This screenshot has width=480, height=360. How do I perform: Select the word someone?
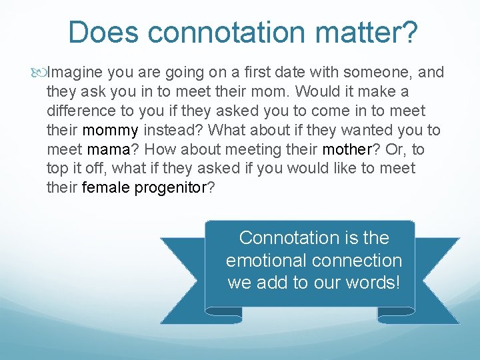(x=379, y=72)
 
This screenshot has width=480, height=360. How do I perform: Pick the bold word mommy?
(x=110, y=130)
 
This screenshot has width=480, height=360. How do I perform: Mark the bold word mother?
(x=346, y=149)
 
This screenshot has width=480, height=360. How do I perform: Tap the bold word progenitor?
(x=171, y=188)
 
